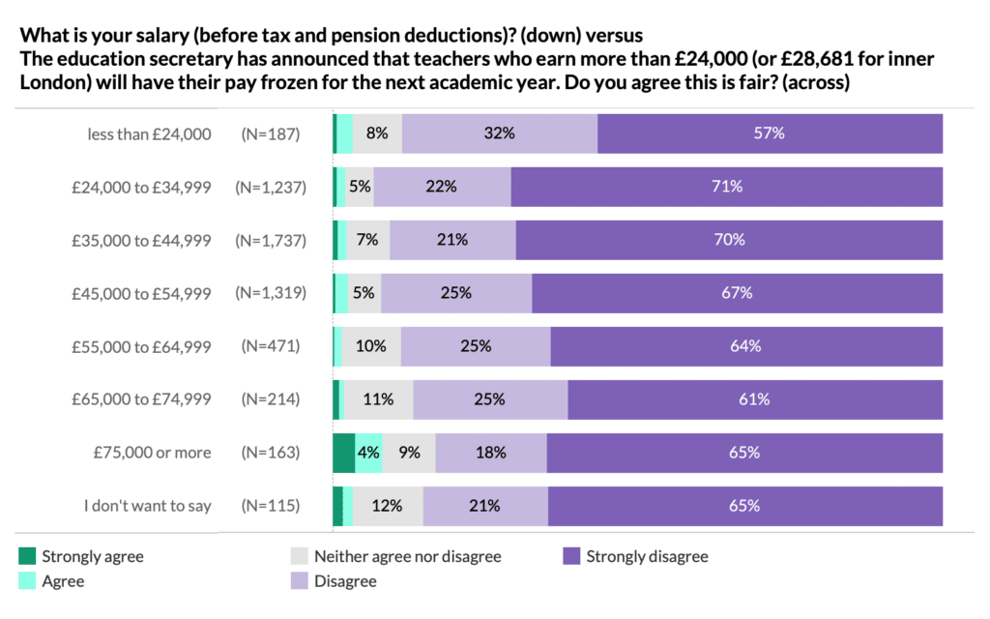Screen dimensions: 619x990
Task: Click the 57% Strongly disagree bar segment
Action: coord(770,133)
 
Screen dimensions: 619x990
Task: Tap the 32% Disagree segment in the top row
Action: coord(500,133)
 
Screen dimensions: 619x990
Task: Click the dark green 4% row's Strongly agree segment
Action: coord(343,452)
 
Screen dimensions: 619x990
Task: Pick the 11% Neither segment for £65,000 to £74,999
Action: coord(379,398)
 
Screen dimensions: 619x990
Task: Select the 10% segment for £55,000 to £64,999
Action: coord(371,345)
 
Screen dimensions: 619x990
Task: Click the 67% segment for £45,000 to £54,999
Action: coord(737,292)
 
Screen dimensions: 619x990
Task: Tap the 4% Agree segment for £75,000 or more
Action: coord(369,452)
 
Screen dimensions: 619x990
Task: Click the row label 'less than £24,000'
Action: coord(149,134)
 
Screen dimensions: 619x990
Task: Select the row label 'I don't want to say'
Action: coord(147,505)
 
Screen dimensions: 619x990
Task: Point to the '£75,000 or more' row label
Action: coord(152,452)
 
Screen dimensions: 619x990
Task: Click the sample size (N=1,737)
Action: coord(271,240)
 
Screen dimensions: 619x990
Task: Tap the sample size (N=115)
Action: coord(271,505)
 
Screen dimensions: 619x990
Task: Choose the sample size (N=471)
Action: coord(271,345)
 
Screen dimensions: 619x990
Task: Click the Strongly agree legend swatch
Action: coord(27,556)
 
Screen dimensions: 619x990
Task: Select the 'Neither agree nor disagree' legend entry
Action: coord(407,556)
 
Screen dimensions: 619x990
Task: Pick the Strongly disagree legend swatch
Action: coord(571,556)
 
